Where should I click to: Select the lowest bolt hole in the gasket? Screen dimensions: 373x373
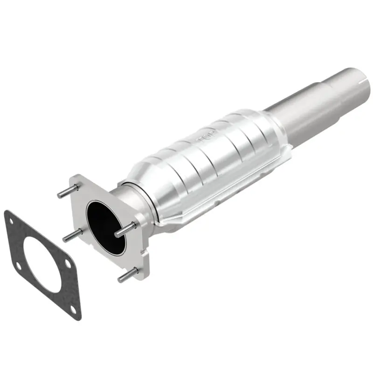pyautogui.click(x=73, y=309)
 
